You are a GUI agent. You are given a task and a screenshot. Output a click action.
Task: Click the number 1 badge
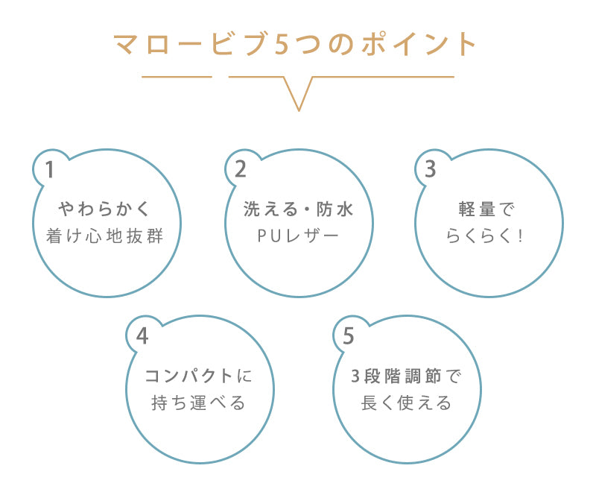coord(50,169)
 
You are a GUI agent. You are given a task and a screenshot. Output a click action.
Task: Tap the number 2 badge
coord(240,169)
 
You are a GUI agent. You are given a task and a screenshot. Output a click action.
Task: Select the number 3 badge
coord(430,169)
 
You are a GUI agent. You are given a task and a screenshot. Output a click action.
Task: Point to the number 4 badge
coord(142,336)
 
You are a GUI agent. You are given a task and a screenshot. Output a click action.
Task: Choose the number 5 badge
coord(349,336)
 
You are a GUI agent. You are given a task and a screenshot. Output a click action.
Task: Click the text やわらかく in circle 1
coord(109,209)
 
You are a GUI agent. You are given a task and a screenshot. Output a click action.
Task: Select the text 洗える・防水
coord(298,209)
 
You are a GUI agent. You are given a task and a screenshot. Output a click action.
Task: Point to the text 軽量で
coord(488,209)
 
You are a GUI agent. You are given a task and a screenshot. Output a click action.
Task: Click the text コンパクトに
coord(199,376)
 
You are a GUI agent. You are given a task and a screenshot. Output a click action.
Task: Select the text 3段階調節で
coord(406,376)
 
